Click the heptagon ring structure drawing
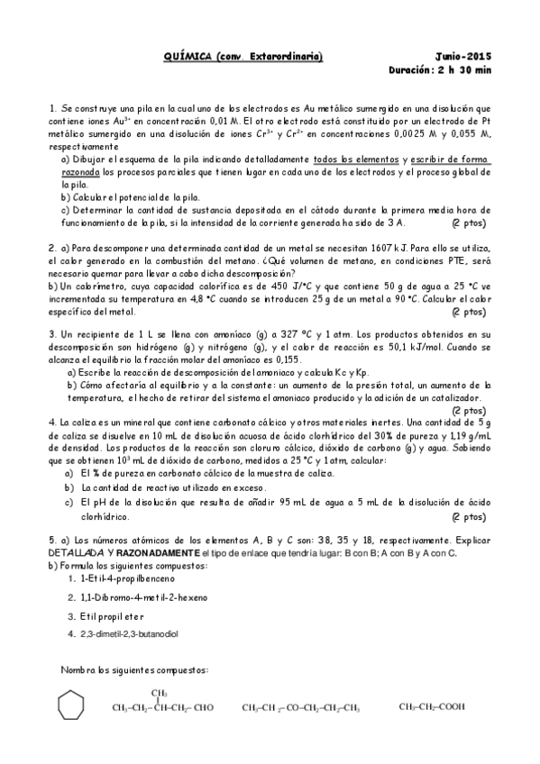coord(71,705)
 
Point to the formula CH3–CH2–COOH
coord(432,707)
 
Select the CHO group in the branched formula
coord(203,707)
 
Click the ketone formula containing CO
coord(301,707)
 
